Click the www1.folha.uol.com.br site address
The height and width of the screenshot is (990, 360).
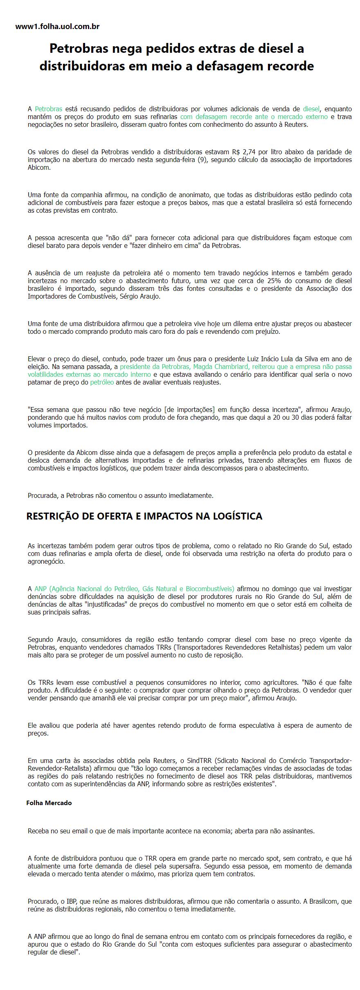tap(57, 27)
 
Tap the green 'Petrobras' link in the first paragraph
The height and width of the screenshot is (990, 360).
tap(48, 109)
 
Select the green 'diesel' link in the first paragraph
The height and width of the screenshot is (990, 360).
tap(311, 109)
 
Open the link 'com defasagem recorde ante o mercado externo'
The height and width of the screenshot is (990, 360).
tap(254, 117)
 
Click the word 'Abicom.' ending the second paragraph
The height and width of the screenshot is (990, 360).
tap(39, 167)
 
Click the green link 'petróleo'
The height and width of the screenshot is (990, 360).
tap(102, 382)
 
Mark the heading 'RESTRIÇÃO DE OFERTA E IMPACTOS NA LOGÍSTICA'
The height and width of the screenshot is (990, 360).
tap(144, 516)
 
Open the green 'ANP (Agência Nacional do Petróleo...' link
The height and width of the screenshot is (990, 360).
tap(134, 589)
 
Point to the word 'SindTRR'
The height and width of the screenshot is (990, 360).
tap(199, 760)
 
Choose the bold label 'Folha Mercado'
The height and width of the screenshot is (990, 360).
tap(49, 803)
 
